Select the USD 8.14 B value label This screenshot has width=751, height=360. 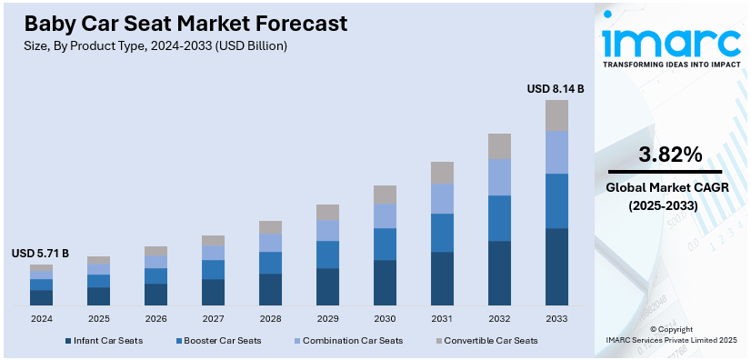pos(556,89)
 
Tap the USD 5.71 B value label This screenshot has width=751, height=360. pos(40,253)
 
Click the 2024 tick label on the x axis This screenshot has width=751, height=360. pos(41,319)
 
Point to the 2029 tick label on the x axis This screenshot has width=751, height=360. pos(327,319)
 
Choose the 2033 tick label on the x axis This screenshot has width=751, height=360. pos(556,319)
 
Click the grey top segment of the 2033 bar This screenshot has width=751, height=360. pos(556,115)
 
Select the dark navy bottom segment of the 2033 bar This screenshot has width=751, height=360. pos(556,266)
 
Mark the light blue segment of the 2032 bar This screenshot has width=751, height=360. pos(499,177)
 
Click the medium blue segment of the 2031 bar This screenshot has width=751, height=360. pos(442,233)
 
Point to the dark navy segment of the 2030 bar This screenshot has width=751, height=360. pos(385,283)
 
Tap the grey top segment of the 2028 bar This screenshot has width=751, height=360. pos(270,227)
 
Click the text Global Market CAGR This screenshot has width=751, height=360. pos(664,188)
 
